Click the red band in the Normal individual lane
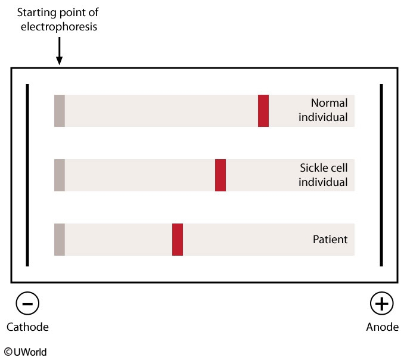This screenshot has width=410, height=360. coord(263,111)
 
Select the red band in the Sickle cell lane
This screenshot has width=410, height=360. coord(220,175)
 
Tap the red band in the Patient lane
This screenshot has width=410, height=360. coord(178,240)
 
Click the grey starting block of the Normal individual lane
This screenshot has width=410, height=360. coord(60,111)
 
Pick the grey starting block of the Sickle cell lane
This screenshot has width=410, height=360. coord(60,175)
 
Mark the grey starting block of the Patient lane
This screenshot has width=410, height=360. coord(60,240)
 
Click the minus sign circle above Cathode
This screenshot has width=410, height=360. coord(27,303)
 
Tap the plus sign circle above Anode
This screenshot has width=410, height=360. coord(382,303)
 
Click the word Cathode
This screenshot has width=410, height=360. coord(27,327)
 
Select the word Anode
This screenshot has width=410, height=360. coord(382,327)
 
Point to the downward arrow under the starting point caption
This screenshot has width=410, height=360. coord(60,51)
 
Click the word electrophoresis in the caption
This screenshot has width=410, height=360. coord(59,27)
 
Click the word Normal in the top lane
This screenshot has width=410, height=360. coord(329,103)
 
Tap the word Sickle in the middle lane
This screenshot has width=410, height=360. coord(314,168)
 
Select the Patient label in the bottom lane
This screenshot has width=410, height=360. coord(330,240)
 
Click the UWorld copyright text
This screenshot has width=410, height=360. coord(26,352)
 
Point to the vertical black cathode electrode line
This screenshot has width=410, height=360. coord(27,175)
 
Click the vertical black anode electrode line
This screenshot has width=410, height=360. coord(381,175)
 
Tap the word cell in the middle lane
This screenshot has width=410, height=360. coord(339,168)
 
